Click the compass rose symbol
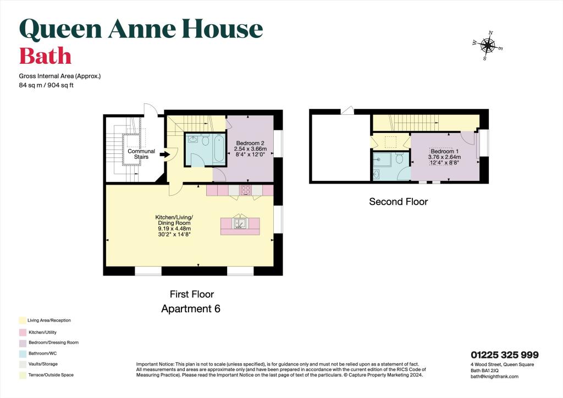487,46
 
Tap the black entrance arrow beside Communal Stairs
164,155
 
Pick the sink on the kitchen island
240,223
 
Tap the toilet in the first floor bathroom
205,141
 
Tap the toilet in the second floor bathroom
400,158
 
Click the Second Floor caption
398,202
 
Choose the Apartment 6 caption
191,309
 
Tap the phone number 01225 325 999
504,355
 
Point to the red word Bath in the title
45,56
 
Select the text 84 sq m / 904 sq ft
46,86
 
